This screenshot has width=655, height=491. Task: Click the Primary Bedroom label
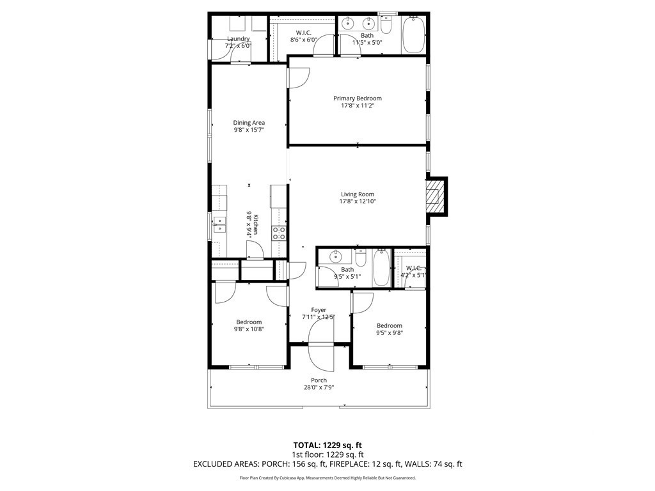coord(357,98)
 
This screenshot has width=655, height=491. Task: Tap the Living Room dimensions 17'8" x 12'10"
coord(357,201)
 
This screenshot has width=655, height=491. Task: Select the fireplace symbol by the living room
coord(436,196)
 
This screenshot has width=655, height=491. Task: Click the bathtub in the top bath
coord(414,35)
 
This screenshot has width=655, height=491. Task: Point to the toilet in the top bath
coord(386,24)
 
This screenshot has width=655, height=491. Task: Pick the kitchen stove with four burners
coord(279,233)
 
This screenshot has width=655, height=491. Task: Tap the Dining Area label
coord(249,123)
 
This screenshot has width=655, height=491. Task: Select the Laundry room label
coord(238,39)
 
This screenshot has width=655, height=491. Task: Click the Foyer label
coord(319,310)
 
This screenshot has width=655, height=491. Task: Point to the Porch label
coord(319,380)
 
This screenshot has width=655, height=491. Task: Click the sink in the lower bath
coord(335,257)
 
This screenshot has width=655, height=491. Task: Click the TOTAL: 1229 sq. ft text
coord(327,445)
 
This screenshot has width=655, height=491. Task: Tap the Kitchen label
coord(255,225)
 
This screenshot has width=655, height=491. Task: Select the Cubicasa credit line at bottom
coord(327,478)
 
